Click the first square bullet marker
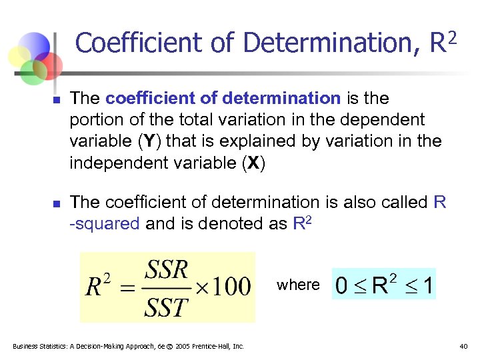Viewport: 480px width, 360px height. (57, 100)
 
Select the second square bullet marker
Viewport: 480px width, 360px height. (57, 203)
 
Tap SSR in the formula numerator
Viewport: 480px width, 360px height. (167, 271)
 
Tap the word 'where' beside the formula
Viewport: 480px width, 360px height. (298, 285)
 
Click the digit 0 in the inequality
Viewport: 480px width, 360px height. (341, 287)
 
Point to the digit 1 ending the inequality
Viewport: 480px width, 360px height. (427, 287)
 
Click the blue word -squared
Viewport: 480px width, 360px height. (105, 224)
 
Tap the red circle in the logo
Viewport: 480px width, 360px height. (49, 65)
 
